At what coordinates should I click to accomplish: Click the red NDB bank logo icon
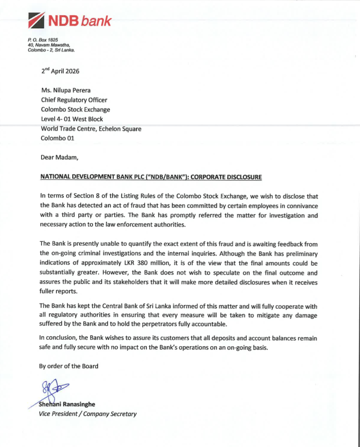[36, 21]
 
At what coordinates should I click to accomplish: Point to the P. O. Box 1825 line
[40, 40]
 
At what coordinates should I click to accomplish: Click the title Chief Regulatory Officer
[74, 100]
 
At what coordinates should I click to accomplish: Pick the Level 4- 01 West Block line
[72, 119]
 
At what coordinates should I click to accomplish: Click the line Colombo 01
[58, 138]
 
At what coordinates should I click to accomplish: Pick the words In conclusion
[57, 338]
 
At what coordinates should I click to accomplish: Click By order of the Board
[69, 366]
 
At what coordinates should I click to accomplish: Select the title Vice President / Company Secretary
[88, 414]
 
